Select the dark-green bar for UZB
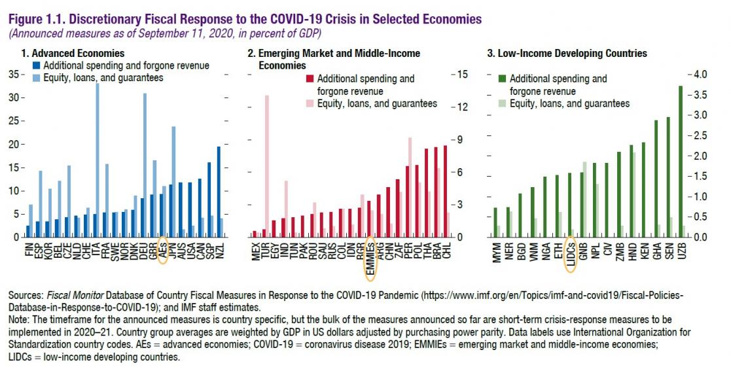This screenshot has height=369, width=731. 681,161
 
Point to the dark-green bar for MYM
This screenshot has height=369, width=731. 495,222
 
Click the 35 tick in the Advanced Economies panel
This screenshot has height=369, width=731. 14,75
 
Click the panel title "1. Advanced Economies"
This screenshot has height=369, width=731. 73,54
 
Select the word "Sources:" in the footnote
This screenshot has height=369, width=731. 25,296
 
